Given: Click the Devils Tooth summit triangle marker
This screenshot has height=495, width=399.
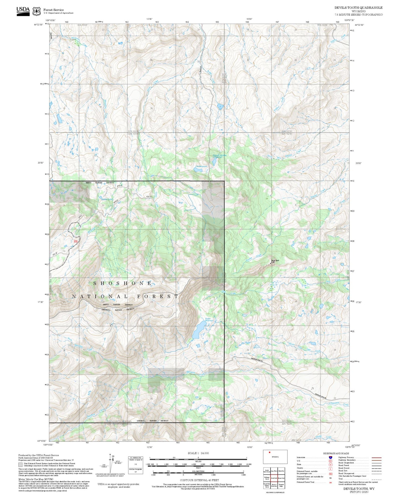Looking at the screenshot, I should point(271,263).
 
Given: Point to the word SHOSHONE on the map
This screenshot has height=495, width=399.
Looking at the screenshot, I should point(123,283).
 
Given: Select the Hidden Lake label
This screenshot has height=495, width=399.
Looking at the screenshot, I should point(107,199).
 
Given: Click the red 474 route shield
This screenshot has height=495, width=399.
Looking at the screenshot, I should point(76,241).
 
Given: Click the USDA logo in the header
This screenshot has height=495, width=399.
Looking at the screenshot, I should point(23,11).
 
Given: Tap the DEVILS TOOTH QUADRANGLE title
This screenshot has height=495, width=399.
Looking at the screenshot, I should point(358,8).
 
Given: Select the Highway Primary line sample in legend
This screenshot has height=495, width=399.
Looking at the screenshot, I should point(376,457).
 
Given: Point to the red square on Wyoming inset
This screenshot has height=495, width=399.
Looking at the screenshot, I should point(269,452).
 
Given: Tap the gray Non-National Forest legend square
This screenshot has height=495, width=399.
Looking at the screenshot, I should point(20,464).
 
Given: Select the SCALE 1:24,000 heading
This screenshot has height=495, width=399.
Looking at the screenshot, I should point(198,453).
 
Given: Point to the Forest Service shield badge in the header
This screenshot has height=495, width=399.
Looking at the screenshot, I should point(36,11).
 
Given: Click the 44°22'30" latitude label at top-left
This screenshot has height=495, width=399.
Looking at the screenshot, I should point(39,25).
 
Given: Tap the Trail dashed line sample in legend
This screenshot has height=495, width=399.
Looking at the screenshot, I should point(376,479).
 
